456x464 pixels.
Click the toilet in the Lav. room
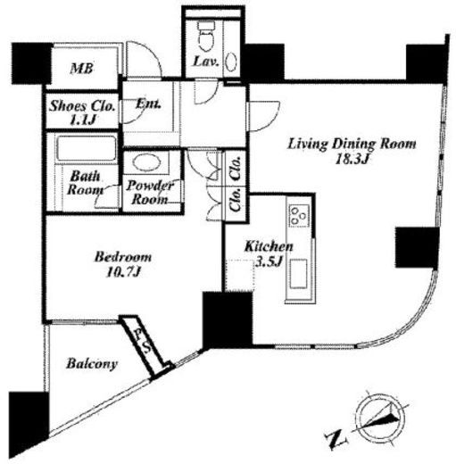pyautogui.click(x=206, y=36)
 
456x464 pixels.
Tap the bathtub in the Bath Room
pyautogui.click(x=87, y=148)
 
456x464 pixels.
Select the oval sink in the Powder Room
pyautogui.click(x=146, y=162)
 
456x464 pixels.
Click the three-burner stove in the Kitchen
pyautogui.click(x=299, y=215)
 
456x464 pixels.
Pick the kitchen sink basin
pyautogui.click(x=298, y=274)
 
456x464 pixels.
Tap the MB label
pyautogui.click(x=82, y=69)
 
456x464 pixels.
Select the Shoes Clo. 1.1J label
pyautogui.click(x=82, y=112)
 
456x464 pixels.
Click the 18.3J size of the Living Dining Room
pyautogui.click(x=352, y=160)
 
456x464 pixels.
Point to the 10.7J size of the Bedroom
pyautogui.click(x=123, y=272)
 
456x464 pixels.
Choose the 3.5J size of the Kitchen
pyautogui.click(x=269, y=261)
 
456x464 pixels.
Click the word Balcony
pyautogui.click(x=92, y=364)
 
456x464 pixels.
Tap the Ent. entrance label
pyautogui.click(x=148, y=104)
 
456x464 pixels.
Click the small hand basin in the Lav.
pyautogui.click(x=231, y=62)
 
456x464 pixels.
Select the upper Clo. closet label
pyautogui.click(x=236, y=168)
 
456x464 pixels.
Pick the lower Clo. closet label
pyautogui.click(x=236, y=200)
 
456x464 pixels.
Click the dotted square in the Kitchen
pyautogui.click(x=240, y=276)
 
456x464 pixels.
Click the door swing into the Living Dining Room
pyautogui.click(x=263, y=116)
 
